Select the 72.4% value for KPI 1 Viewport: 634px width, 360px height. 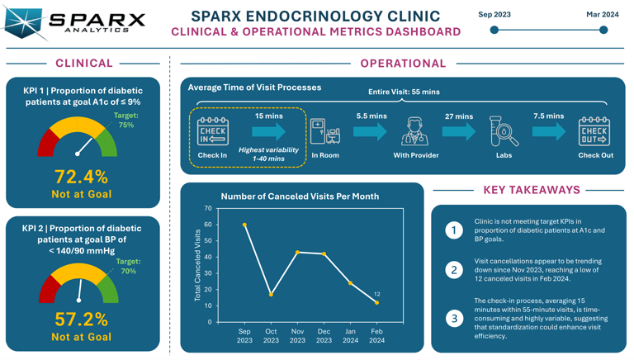(x=81, y=176)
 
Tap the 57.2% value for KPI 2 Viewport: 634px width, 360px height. (x=81, y=319)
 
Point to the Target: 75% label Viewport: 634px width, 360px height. (x=125, y=121)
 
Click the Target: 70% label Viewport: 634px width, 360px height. (x=128, y=266)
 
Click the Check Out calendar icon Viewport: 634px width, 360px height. (x=594, y=131)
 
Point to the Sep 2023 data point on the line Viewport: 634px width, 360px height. (x=244, y=225)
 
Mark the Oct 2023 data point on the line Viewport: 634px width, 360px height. (x=271, y=294)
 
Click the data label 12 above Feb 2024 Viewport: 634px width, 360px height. (x=377, y=294)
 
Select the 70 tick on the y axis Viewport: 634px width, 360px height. (x=208, y=208)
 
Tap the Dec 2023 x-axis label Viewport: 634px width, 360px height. (x=324, y=335)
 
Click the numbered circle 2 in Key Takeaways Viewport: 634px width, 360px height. (x=454, y=270)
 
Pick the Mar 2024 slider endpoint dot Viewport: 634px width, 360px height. (x=603, y=30)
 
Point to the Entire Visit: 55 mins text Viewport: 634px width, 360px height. (x=404, y=92)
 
